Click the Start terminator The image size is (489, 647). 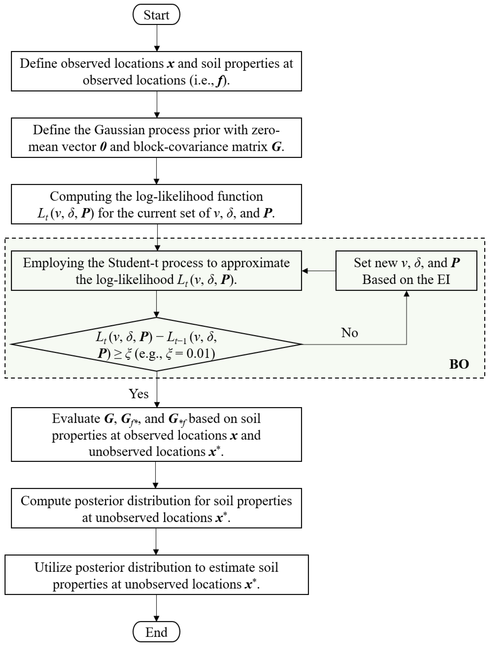tap(156, 15)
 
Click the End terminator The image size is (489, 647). tap(156, 632)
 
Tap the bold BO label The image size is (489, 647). tap(459, 364)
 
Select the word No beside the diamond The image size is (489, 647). tap(350, 332)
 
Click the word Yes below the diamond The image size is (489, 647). tap(139, 394)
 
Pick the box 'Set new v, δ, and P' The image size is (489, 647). tap(406, 270)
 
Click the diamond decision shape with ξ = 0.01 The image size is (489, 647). tap(156, 344)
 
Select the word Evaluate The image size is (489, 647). tap(76, 419)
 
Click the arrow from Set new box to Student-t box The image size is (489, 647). tap(319, 271)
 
